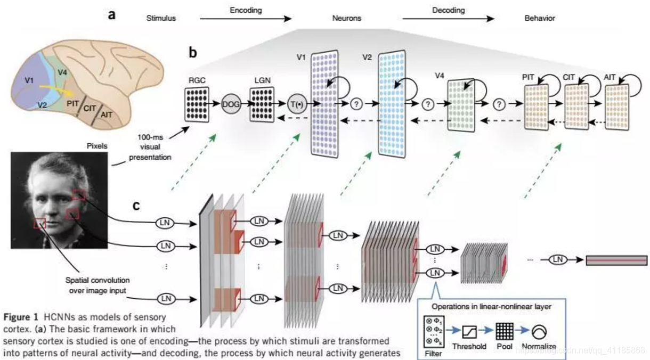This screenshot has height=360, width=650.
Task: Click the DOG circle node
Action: [x=230, y=103]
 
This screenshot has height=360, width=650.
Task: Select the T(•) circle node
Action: [x=296, y=104]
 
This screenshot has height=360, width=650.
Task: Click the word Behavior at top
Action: [x=540, y=18]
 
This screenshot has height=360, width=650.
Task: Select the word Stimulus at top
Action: [x=161, y=18]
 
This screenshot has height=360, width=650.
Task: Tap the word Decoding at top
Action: [x=449, y=10]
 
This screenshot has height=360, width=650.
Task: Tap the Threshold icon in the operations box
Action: [x=469, y=330]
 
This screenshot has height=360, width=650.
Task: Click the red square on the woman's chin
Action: [x=40, y=223]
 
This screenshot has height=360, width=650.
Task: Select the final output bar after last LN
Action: [x=616, y=260]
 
